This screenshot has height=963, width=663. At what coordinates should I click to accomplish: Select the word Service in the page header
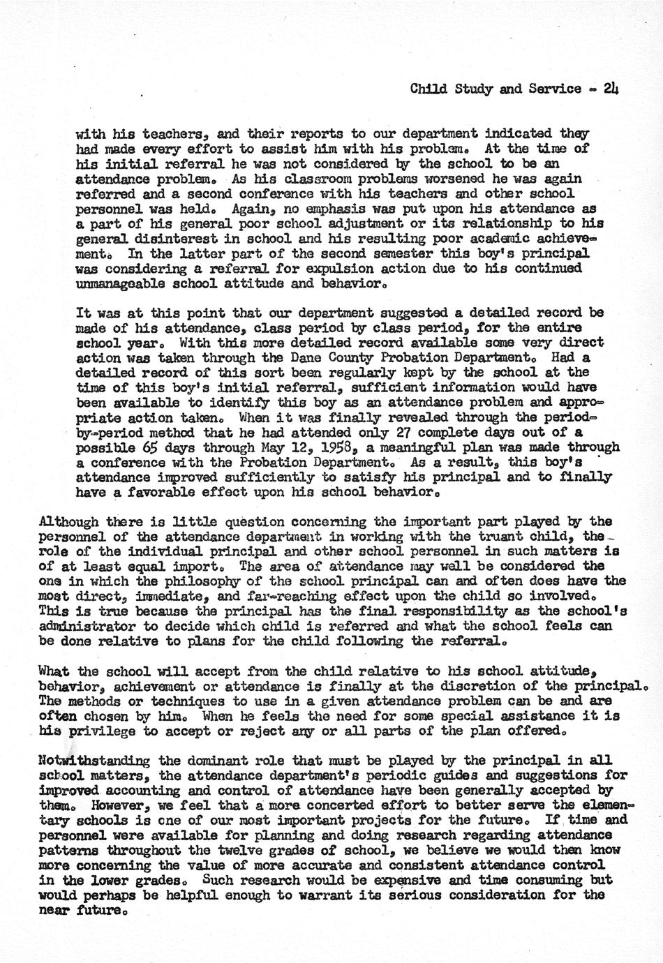pos(557,89)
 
